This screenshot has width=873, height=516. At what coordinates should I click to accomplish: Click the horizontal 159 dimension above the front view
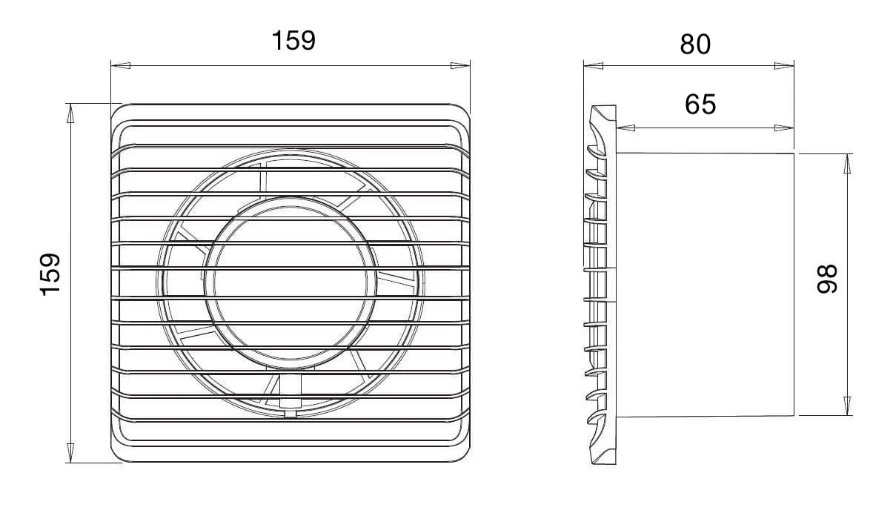[293, 40]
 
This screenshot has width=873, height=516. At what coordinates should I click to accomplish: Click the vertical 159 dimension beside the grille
[50, 274]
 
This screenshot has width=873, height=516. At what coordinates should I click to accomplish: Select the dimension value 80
[694, 44]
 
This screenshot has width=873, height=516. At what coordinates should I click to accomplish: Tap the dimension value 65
[700, 105]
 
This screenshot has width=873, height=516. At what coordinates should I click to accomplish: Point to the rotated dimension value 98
[826, 279]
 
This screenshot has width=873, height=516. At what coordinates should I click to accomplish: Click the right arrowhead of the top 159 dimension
[460, 65]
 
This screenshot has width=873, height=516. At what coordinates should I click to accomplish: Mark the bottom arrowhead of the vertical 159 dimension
[71, 453]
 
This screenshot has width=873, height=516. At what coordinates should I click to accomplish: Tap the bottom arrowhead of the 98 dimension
[848, 406]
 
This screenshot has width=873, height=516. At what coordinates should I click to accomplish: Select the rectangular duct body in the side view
[704, 283]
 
